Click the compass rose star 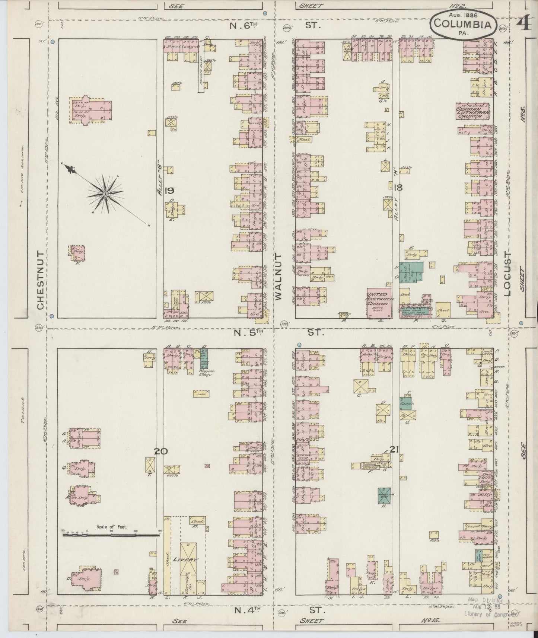tap(105, 194)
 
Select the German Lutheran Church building tap(472, 111)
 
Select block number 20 tap(161, 451)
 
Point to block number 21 tap(395, 450)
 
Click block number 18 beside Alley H tap(398, 188)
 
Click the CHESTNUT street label tap(41, 279)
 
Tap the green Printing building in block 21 tap(384, 495)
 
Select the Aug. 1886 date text tap(463, 15)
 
